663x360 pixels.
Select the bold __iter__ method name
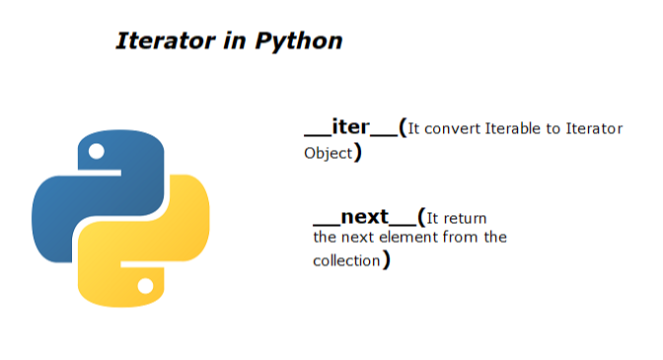(x=350, y=128)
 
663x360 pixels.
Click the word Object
(x=328, y=154)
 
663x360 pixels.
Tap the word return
(x=467, y=218)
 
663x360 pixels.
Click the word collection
(x=345, y=260)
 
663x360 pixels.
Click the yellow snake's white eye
(x=146, y=287)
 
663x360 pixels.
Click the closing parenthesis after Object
(x=357, y=153)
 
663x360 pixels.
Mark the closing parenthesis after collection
(x=386, y=260)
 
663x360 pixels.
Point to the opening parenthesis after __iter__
(x=404, y=129)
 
